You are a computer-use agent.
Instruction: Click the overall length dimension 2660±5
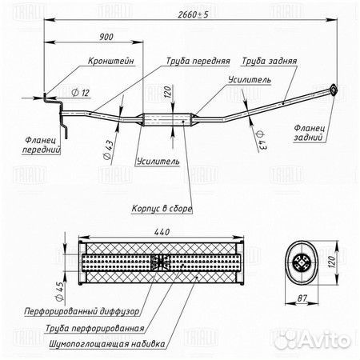pos(193,14)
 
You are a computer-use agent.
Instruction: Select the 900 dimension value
pos(106,37)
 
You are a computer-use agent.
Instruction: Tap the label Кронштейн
pos(111,61)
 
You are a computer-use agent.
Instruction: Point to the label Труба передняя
pos(198,61)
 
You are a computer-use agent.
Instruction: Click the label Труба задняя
pos(269,61)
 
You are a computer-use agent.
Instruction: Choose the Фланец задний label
pos(309,133)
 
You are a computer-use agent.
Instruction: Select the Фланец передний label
pos(42,145)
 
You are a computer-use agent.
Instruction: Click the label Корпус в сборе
pos(162,209)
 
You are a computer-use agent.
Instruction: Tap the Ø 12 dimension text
pos(81,93)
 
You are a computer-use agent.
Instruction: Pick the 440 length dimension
pos(162,232)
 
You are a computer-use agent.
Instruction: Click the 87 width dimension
pos(302,298)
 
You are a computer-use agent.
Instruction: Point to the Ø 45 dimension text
pos(60,291)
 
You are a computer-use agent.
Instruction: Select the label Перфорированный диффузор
pos(82,311)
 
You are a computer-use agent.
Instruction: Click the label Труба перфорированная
pos(95,328)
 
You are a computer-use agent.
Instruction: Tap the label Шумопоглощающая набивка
pos(107,344)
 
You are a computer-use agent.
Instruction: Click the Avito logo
pos(312,339)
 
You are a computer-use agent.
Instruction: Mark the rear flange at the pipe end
pos(333,90)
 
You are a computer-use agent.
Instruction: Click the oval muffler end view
pos(302,263)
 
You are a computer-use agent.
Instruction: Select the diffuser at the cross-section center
pos(161,262)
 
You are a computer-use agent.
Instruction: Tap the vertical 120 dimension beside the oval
pos(331,262)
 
